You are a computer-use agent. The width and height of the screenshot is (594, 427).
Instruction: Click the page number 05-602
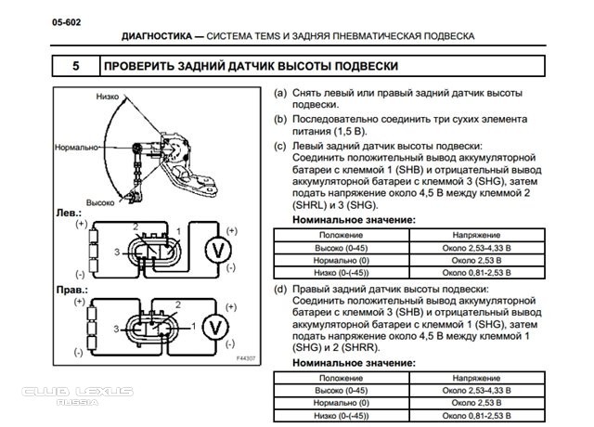[x=66, y=22]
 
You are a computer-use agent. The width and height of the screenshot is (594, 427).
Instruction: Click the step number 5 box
[x=76, y=66]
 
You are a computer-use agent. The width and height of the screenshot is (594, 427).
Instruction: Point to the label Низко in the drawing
[x=108, y=97]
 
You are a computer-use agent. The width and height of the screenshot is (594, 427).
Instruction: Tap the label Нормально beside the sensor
[x=76, y=148]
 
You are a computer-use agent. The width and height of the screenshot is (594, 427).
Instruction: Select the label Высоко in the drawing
[x=100, y=202]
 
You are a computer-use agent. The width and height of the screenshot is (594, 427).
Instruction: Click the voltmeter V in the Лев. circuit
[x=218, y=250]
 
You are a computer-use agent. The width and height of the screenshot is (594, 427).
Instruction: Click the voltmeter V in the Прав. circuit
[x=215, y=328]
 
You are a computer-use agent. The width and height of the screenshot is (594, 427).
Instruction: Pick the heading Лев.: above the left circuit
[x=69, y=213]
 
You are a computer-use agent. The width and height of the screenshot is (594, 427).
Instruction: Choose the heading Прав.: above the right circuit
[x=72, y=290]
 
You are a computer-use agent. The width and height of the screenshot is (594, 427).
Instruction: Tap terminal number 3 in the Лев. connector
[x=117, y=252]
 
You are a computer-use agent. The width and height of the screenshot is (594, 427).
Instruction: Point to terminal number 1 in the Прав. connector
[x=194, y=326]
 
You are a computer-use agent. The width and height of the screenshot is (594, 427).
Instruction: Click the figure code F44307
[x=246, y=358]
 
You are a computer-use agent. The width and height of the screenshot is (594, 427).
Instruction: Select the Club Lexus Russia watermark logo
[x=78, y=395]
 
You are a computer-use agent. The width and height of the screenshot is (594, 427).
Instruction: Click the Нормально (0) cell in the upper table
[x=342, y=261]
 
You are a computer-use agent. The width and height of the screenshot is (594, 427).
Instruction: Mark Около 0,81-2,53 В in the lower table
[x=476, y=416]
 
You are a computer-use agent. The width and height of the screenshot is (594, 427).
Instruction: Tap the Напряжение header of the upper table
[x=476, y=235]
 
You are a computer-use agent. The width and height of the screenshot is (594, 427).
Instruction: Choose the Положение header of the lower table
[x=341, y=378]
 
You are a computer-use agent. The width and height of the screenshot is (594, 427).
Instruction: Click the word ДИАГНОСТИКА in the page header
[x=157, y=36]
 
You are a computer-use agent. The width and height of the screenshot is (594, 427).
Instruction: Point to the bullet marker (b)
[x=280, y=120]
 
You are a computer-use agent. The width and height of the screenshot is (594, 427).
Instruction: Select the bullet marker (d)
[x=280, y=289]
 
